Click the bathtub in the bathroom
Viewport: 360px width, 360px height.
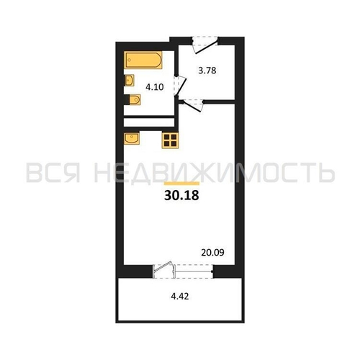[x=143, y=60]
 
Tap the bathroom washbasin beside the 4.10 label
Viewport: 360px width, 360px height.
[x=129, y=81]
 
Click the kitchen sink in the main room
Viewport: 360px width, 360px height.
[x=132, y=138]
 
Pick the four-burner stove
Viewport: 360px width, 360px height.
[x=170, y=140]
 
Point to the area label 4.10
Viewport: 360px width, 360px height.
[x=155, y=87]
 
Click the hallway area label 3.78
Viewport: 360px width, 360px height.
[x=207, y=71]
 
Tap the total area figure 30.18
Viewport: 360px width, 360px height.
[x=181, y=196]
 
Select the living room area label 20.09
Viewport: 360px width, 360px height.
[x=212, y=253]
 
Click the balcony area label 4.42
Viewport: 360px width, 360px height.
[x=180, y=297]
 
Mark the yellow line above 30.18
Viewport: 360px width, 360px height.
[x=181, y=184]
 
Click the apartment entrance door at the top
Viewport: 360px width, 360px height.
[x=205, y=45]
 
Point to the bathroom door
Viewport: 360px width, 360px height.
[x=180, y=86]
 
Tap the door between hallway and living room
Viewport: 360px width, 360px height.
[x=193, y=105]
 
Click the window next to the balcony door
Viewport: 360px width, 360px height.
[x=194, y=271]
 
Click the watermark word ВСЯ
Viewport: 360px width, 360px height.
[x=53, y=172]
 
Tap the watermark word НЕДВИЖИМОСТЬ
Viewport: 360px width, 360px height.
[x=215, y=173]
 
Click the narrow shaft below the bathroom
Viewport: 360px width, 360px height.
[x=149, y=122]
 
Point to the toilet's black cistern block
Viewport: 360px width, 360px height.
[x=127, y=99]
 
